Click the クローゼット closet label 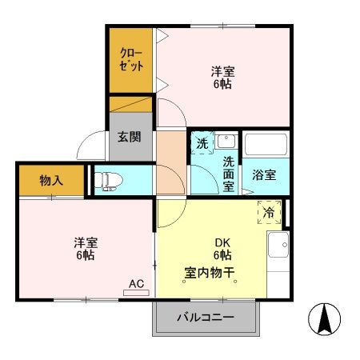pyautogui.click(x=132, y=61)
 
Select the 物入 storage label pyautogui.click(x=51, y=180)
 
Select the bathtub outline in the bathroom pyautogui.click(x=266, y=144)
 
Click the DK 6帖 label pyautogui.click(x=222, y=249)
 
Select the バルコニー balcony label pyautogui.click(x=206, y=317)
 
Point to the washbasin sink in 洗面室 pyautogui.click(x=226, y=141)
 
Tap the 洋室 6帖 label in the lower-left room pyautogui.click(x=86, y=249)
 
